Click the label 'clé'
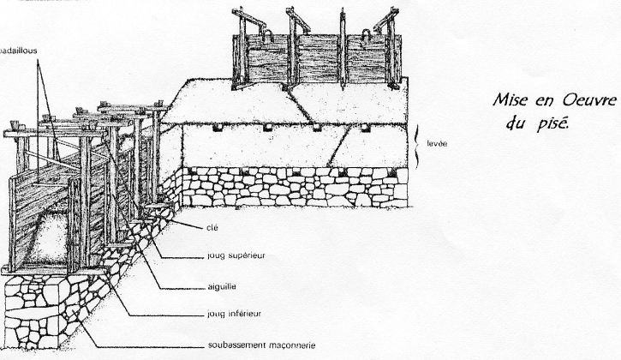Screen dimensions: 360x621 (x=212, y=229)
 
